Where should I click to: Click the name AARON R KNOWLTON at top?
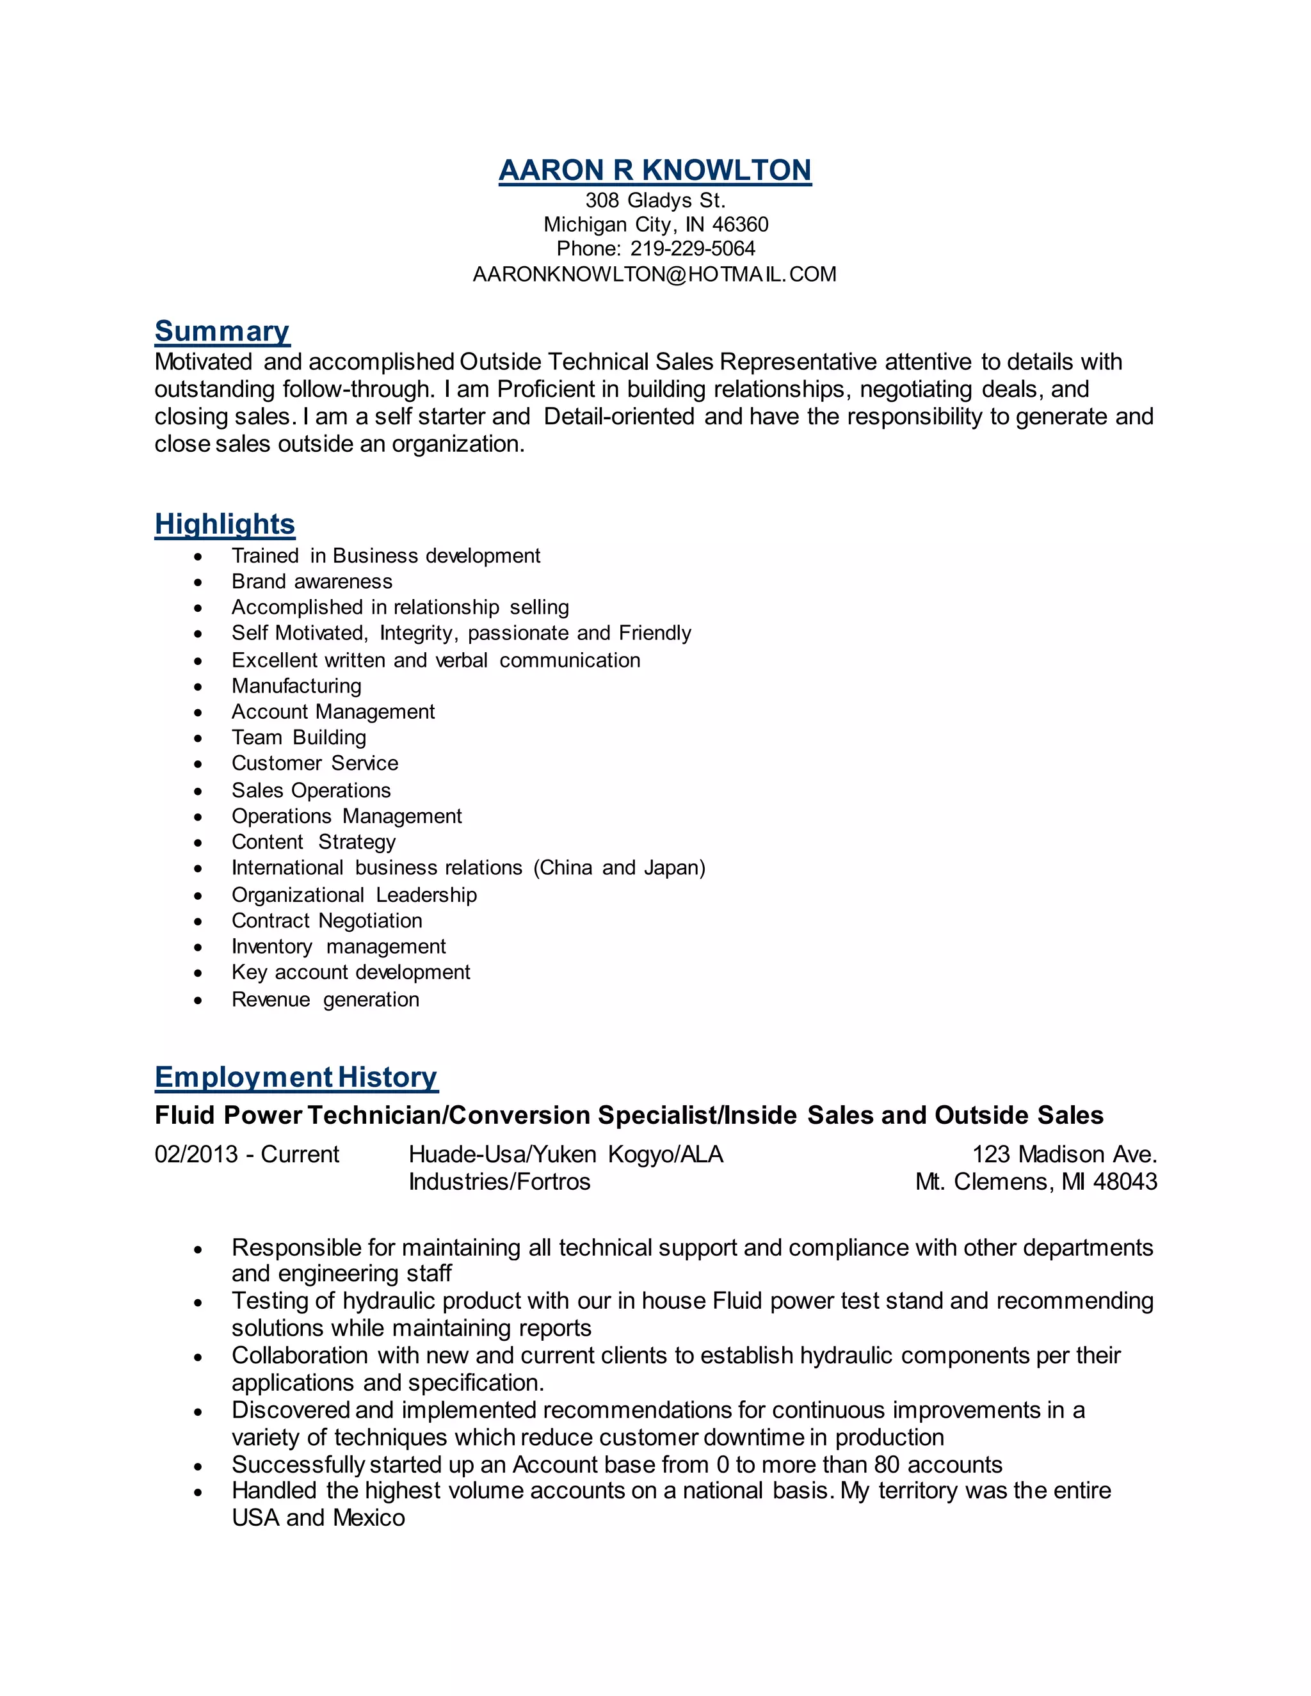pos(655,170)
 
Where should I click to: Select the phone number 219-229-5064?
pos(692,249)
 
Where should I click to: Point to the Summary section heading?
pos(222,332)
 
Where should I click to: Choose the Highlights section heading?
pos(225,524)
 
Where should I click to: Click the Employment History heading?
pos(296,1077)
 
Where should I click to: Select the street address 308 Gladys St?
pos(655,200)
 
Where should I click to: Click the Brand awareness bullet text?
pos(312,582)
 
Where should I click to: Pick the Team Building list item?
pos(298,738)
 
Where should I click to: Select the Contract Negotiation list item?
pos(326,921)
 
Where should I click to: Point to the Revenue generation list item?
pos(325,1000)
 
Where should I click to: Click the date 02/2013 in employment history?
pos(197,1155)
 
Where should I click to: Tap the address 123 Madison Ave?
pos(1064,1155)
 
